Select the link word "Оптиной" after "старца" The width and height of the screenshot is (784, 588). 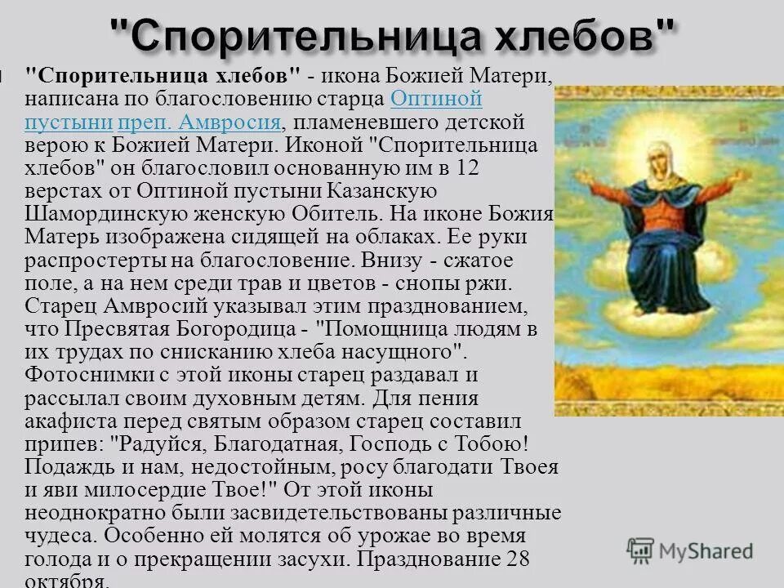[x=436, y=100]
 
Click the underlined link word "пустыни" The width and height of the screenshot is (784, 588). [x=68, y=122]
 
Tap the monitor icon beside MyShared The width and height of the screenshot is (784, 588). [x=640, y=550]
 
